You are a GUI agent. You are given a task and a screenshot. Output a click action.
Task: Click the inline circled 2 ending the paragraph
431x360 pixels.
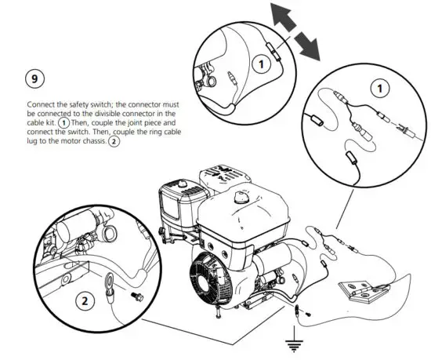pyautogui.click(x=114, y=142)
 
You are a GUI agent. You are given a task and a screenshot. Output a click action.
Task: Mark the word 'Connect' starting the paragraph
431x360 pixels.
pyautogui.click(x=41, y=104)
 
